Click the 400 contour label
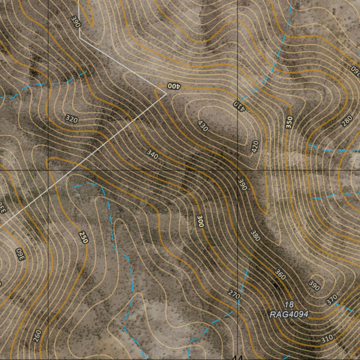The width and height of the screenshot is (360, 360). (x=173, y=86)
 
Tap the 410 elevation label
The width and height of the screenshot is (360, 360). (x=240, y=105)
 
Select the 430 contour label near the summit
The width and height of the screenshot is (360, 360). (x=203, y=126)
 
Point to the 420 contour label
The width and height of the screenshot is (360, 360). (x=255, y=146)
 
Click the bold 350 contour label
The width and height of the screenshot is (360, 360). (x=289, y=122)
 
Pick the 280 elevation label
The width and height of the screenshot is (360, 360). (x=347, y=121)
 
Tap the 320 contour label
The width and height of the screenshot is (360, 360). (x=71, y=119)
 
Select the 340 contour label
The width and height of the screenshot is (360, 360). (x=152, y=154)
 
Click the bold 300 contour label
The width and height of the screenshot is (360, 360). (x=200, y=221)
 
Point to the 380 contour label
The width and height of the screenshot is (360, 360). (x=256, y=236)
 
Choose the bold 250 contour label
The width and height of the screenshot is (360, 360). (x=83, y=237)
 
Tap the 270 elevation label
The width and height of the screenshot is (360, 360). (x=234, y=294)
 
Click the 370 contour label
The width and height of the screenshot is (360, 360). (x=332, y=300)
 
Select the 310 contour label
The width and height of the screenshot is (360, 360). (x=327, y=339)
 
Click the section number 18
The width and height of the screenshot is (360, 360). (x=289, y=305)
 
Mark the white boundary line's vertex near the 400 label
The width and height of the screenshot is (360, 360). (x=166, y=94)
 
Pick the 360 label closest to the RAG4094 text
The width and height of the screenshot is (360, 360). (x=280, y=275)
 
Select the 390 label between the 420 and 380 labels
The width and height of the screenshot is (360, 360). (x=243, y=185)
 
